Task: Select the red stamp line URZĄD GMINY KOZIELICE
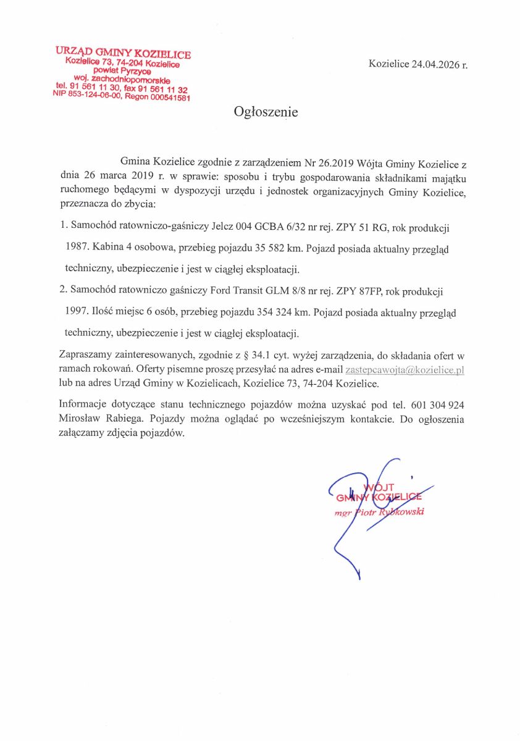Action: [x=123, y=54]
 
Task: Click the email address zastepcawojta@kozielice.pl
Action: [x=405, y=370]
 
